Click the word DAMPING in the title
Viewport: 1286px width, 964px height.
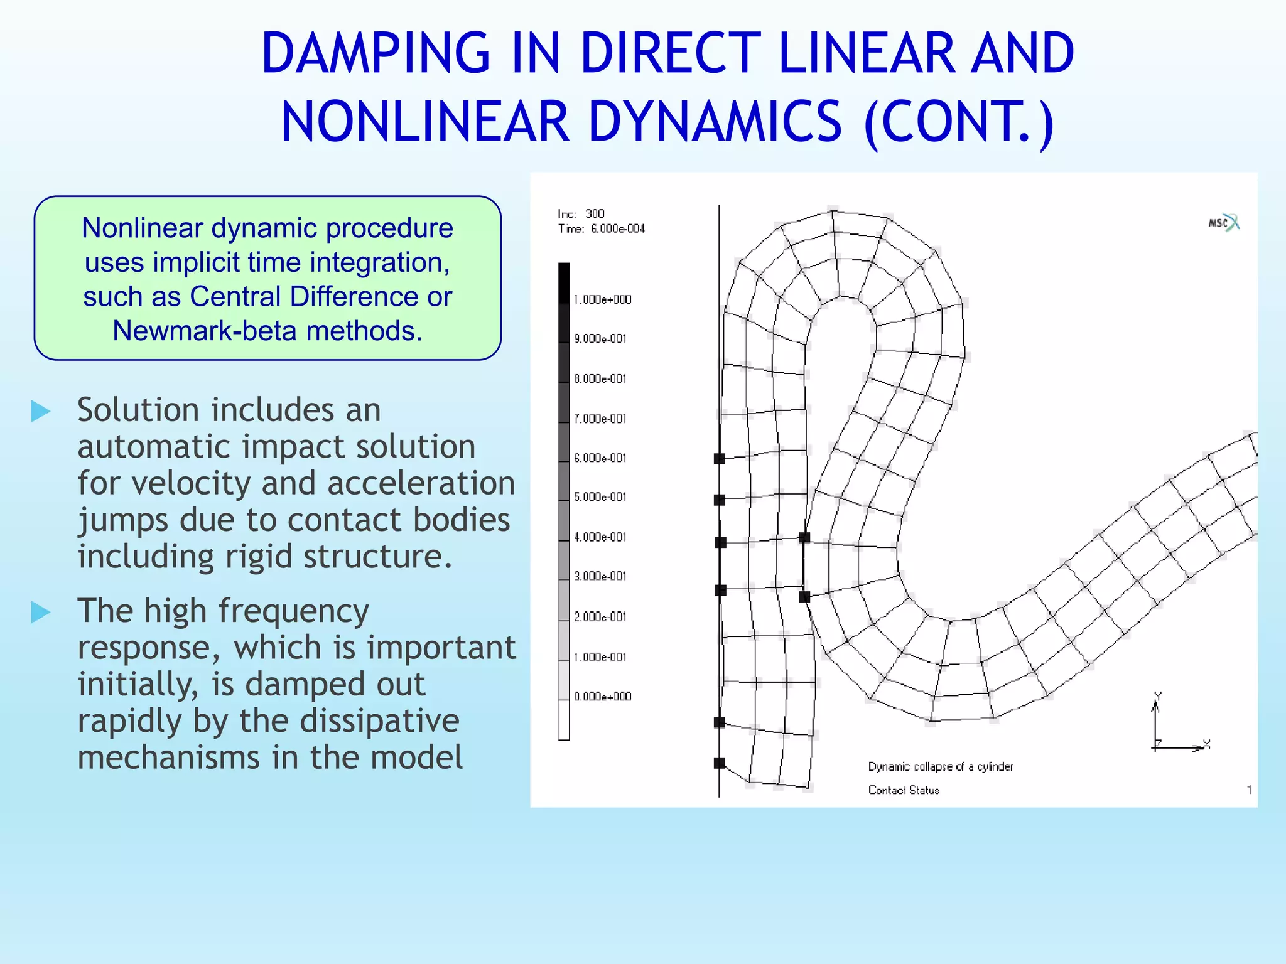[375, 55]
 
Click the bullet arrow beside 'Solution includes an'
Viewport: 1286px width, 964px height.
[41, 412]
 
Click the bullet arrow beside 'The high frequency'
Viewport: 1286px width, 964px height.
[41, 612]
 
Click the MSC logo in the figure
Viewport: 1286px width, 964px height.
[1223, 223]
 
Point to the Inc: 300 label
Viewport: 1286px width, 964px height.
[581, 214]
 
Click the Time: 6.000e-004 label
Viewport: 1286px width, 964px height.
[601, 229]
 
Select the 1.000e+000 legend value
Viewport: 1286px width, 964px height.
[602, 300]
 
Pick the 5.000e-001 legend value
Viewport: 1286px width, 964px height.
[600, 497]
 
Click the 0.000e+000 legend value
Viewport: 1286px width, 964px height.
[602, 697]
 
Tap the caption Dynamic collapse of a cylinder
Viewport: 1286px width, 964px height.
[940, 767]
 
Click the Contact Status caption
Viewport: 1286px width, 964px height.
[904, 790]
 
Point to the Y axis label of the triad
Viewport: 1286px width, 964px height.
[1158, 696]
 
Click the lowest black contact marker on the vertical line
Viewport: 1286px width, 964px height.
[720, 763]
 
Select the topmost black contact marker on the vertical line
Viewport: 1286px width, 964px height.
[720, 459]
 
